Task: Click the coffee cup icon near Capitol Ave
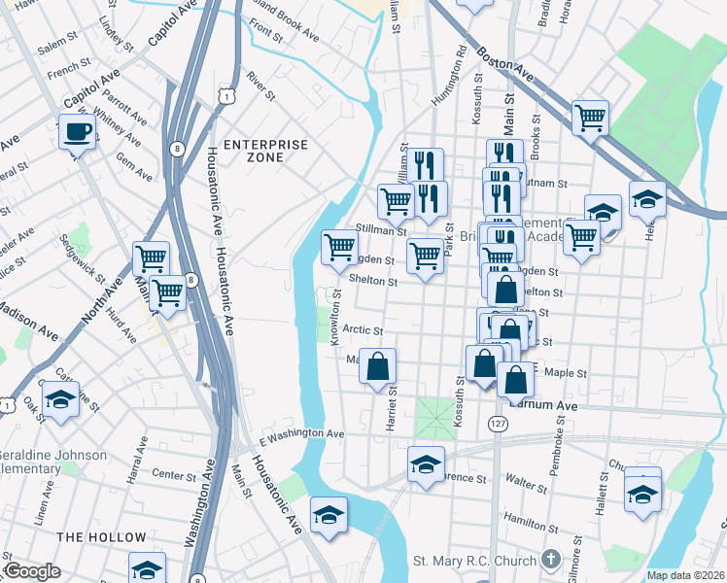click(x=77, y=131)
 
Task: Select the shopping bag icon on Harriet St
click(x=378, y=366)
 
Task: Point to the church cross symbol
click(x=551, y=560)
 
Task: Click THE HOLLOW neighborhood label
click(x=101, y=537)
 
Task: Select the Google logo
click(x=31, y=571)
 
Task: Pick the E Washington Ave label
click(x=302, y=433)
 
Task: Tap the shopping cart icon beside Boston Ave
click(x=590, y=118)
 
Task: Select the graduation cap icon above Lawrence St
click(x=425, y=464)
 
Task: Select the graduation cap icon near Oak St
click(x=60, y=399)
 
